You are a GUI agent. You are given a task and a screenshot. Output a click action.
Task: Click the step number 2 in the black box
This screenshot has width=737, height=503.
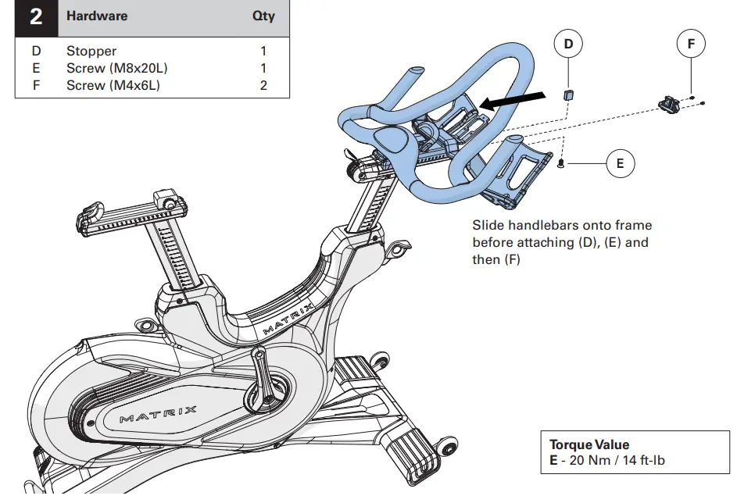(x=36, y=16)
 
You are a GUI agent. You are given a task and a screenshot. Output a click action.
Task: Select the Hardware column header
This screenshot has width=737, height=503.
(x=97, y=16)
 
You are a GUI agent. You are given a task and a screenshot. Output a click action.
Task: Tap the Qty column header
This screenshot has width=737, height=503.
(x=263, y=16)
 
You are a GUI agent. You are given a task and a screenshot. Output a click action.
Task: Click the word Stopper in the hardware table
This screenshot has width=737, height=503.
(x=91, y=52)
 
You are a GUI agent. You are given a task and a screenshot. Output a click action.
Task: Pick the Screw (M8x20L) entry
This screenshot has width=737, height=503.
(x=116, y=68)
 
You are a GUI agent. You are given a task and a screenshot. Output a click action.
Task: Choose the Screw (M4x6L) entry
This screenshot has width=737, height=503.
(x=113, y=85)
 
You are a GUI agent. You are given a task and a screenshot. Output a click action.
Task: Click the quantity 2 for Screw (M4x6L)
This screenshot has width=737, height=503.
(x=263, y=85)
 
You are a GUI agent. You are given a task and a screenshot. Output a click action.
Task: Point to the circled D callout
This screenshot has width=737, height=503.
(x=568, y=45)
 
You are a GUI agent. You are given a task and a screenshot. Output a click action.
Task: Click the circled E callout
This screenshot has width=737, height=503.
(x=620, y=163)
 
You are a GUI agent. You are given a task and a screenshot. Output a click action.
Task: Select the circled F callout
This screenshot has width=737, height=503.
(x=691, y=45)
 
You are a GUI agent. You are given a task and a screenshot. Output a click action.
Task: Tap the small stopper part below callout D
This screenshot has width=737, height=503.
(x=569, y=95)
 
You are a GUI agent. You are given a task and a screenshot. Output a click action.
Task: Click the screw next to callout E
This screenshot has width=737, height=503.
(x=563, y=162)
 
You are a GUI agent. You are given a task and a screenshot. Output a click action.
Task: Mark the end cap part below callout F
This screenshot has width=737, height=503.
(x=669, y=105)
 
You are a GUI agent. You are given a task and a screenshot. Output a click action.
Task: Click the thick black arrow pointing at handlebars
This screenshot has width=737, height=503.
(x=512, y=98)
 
